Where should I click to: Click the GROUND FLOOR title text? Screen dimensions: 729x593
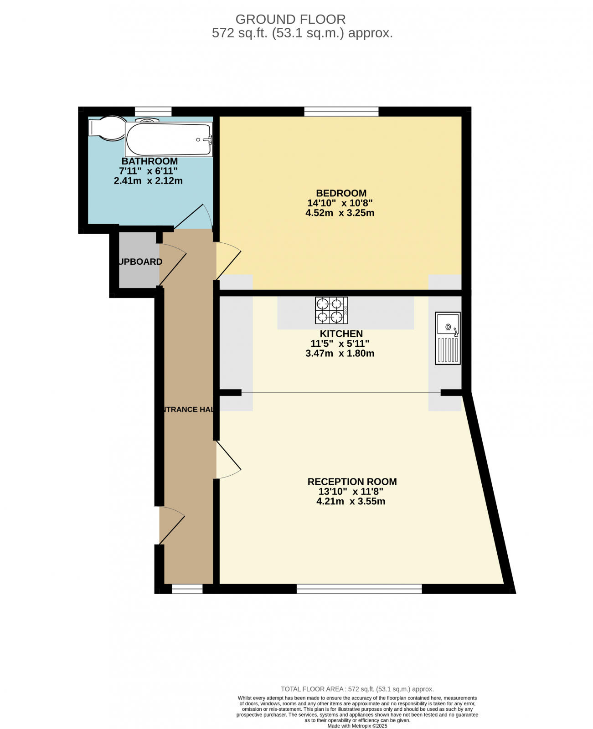click(290, 19)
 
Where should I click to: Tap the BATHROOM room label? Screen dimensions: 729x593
click(150, 161)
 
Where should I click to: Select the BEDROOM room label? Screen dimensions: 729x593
click(341, 193)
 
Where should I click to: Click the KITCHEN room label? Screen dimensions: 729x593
click(341, 334)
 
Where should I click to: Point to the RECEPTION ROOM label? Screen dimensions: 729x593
click(352, 482)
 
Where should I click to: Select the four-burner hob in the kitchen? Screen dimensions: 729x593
click(331, 310)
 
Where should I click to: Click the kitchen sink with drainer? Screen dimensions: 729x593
click(448, 338)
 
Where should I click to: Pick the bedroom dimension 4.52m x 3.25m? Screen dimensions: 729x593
click(340, 213)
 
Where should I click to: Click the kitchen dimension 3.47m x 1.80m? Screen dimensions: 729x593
click(340, 354)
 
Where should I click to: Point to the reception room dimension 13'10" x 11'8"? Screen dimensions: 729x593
click(351, 492)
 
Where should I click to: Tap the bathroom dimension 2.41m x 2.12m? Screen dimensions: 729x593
click(148, 181)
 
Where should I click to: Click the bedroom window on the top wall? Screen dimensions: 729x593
click(341, 111)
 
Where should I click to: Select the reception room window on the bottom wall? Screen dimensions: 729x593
click(359, 589)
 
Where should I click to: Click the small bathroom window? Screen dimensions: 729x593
click(153, 111)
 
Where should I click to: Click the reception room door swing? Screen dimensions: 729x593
click(227, 460)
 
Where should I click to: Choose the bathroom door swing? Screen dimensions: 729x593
click(194, 217)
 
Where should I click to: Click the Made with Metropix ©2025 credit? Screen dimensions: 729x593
click(357, 726)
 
